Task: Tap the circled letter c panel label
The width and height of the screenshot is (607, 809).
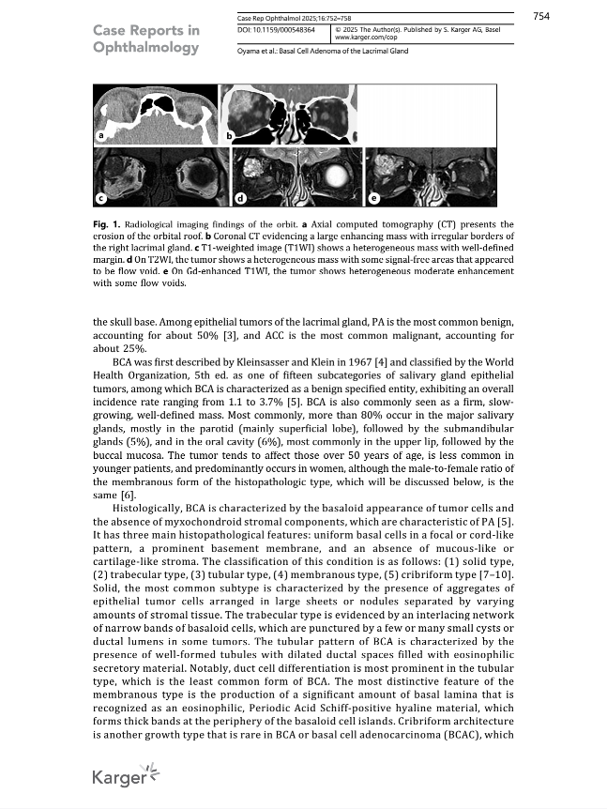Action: tap(100, 197)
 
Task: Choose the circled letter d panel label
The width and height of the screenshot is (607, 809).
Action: tap(240, 198)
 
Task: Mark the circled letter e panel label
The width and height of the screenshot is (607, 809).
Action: tap(374, 197)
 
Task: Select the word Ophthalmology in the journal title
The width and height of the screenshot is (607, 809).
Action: tap(145, 48)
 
